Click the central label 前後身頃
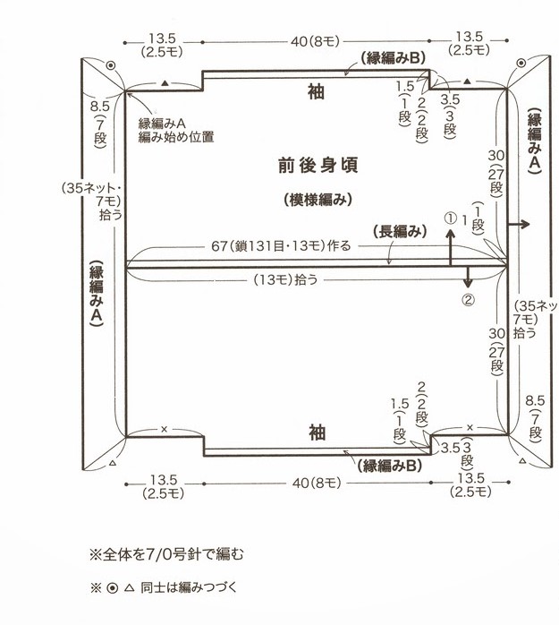pyautogui.click(x=318, y=166)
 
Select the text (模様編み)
pyautogui.click(x=318, y=200)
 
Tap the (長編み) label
pyautogui.click(x=400, y=231)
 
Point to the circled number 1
pyautogui.click(x=450, y=218)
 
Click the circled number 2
pyautogui.click(x=469, y=300)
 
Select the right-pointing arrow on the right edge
pyautogui.click(x=519, y=224)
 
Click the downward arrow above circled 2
pyautogui.click(x=468, y=278)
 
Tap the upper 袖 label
pyautogui.click(x=316, y=91)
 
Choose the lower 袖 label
pyautogui.click(x=318, y=432)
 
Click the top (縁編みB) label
pyautogui.click(x=393, y=58)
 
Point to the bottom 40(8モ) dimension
pyautogui.click(x=317, y=484)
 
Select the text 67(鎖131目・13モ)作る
pyautogui.click(x=281, y=246)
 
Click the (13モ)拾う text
pyautogui.click(x=286, y=279)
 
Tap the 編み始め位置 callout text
pyautogui.click(x=176, y=137)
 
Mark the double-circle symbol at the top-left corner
pyautogui.click(x=110, y=65)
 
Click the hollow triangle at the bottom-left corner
pyautogui.click(x=113, y=463)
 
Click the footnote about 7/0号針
pyautogui.click(x=167, y=554)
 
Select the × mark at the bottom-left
pyautogui.click(x=164, y=429)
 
